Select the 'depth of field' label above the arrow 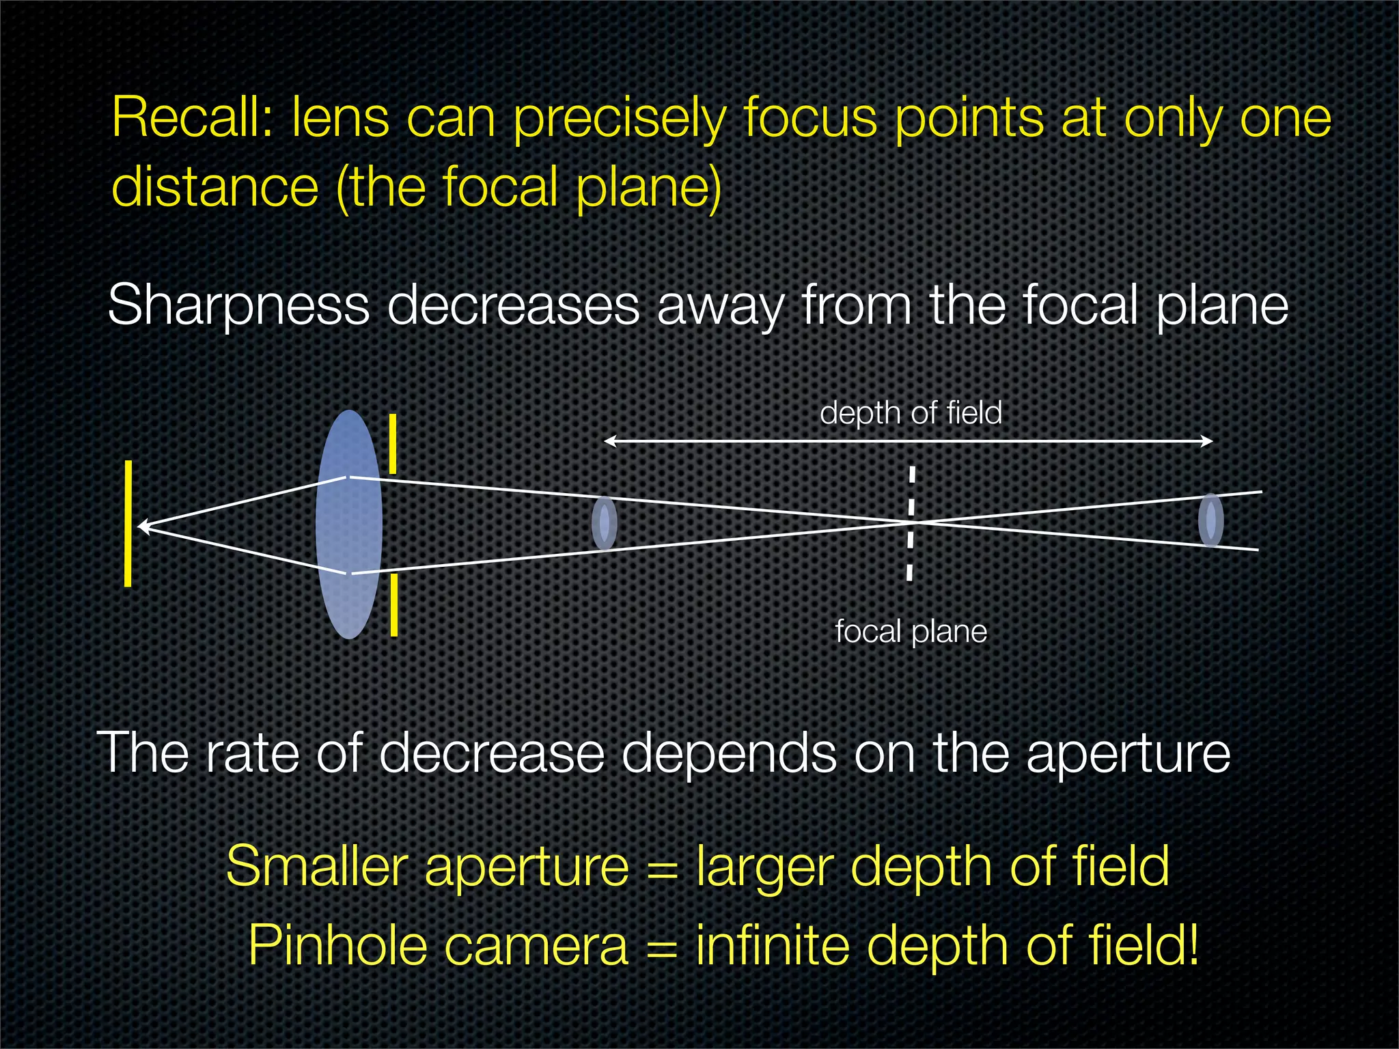(x=911, y=412)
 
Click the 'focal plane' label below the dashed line (x=911, y=631)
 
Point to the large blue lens (x=348, y=524)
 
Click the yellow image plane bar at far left (x=128, y=523)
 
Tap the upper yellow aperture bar (x=393, y=443)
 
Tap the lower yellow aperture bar (x=393, y=604)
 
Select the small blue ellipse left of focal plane (x=604, y=523)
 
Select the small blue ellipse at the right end (x=1210, y=520)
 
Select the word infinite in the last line (x=772, y=945)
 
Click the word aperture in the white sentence (x=1128, y=753)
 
